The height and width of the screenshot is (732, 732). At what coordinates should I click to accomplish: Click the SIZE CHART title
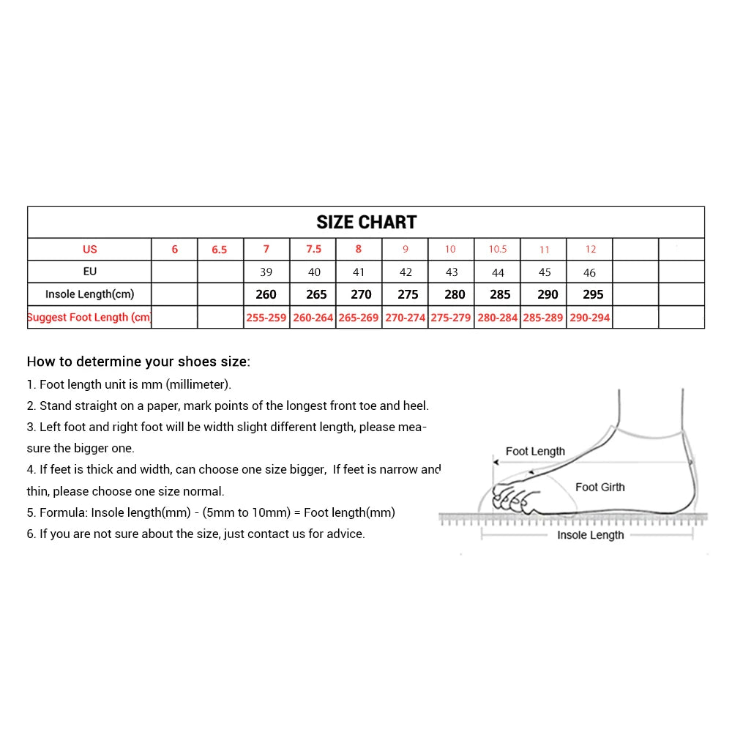366,223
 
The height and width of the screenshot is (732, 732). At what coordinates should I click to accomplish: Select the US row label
89,250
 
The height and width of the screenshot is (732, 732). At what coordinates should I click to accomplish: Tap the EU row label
89,272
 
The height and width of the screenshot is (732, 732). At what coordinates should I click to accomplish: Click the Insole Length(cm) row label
89,294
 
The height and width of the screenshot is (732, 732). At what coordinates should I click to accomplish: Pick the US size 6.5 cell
220,250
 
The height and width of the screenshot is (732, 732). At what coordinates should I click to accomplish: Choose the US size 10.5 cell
498,250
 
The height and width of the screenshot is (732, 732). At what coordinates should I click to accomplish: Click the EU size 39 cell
266,272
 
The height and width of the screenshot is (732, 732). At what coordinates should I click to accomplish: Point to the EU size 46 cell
590,272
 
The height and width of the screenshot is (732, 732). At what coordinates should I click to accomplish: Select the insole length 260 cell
266,294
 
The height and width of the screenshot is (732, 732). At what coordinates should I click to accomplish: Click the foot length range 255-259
266,318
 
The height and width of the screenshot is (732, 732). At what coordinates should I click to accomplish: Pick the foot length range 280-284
498,318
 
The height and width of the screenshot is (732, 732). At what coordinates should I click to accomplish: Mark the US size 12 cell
590,250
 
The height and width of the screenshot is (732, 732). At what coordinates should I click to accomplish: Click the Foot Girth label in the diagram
600,488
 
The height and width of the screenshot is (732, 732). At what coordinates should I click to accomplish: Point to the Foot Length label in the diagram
535,452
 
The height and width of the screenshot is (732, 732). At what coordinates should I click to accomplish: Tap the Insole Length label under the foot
590,535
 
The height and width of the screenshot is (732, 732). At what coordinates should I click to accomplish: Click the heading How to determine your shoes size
138,362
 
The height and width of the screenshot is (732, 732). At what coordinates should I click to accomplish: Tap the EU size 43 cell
452,272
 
